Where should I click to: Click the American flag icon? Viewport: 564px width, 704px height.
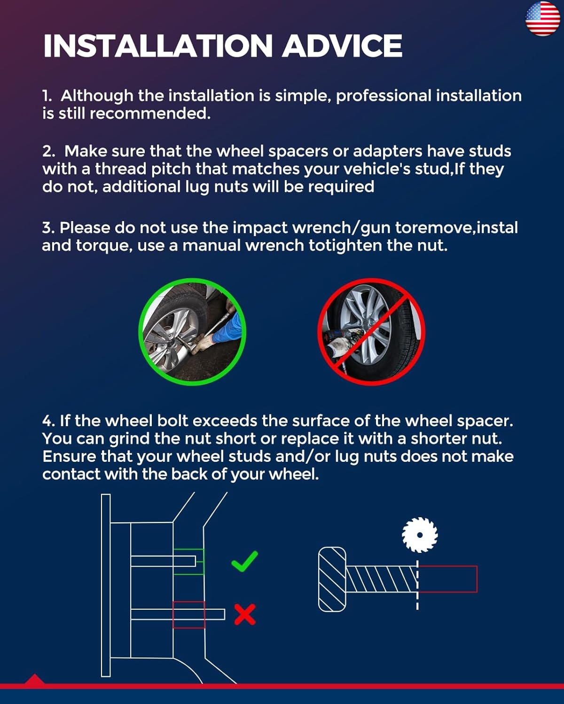pyautogui.click(x=543, y=19)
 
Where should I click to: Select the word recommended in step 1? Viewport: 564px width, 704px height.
pyautogui.click(x=150, y=114)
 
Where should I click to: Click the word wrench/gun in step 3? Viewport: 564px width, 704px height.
pyautogui.click(x=341, y=228)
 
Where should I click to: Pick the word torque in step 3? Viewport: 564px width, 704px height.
pyautogui.click(x=104, y=246)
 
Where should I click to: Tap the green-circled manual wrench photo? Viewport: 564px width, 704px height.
pyautogui.click(x=192, y=332)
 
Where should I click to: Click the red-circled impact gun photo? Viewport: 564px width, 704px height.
pyautogui.click(x=371, y=332)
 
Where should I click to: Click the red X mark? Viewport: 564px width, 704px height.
pyautogui.click(x=245, y=614)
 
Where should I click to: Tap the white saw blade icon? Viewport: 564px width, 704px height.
pyautogui.click(x=420, y=535)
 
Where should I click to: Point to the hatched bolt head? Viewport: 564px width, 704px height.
pyautogui.click(x=332, y=579)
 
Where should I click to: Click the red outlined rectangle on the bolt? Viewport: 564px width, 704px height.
pyautogui.click(x=448, y=579)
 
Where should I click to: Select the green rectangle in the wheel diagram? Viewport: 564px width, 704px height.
pyautogui.click(x=188, y=562)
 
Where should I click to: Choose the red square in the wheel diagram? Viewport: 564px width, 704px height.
pyautogui.click(x=189, y=615)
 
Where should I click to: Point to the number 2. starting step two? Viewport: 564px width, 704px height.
pyautogui.click(x=49, y=152)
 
